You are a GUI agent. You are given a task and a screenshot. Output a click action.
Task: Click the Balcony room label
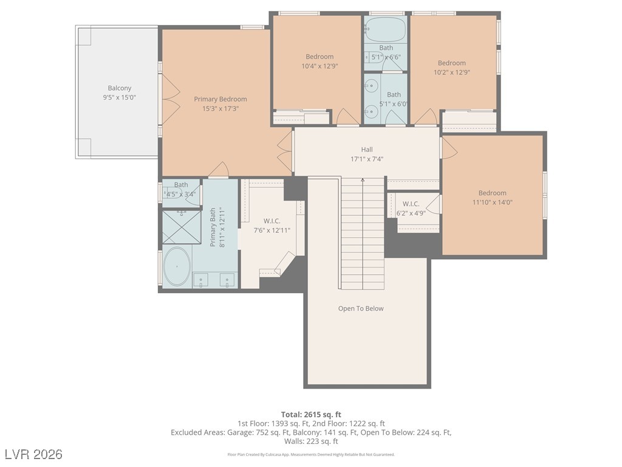[x=120, y=88]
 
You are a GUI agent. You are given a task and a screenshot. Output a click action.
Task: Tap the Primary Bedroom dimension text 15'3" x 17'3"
[x=220, y=109]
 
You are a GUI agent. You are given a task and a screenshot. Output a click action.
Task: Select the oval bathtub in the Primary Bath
[x=177, y=267]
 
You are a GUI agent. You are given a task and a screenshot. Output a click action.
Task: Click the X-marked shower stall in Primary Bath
[x=182, y=227]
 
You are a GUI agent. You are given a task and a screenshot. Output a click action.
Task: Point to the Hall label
[x=367, y=150]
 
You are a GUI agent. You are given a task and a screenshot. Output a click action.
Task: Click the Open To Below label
[x=361, y=308]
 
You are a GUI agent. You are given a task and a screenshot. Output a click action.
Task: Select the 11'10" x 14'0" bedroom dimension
[x=492, y=202]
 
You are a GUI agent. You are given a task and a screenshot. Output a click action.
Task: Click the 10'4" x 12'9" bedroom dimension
[x=320, y=66]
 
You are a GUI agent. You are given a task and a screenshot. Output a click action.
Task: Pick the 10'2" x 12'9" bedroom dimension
[x=452, y=73]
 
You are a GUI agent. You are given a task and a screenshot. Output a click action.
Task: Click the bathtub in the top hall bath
[x=385, y=29]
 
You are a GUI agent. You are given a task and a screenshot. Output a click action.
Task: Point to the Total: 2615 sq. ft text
[x=311, y=415]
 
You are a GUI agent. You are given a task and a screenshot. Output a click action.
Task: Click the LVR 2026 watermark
[x=34, y=454]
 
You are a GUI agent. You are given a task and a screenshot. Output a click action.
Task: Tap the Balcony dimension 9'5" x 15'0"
[x=120, y=98]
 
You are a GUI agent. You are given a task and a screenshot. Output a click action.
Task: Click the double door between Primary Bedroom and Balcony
[x=171, y=99]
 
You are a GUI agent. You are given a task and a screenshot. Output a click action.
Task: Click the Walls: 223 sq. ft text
[x=311, y=441]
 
